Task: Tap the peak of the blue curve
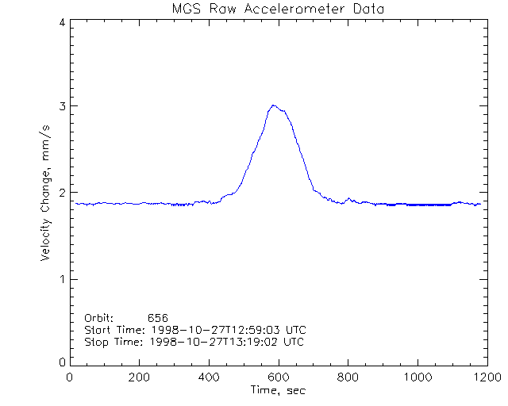coord(273,105)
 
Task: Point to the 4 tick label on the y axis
coord(62,22)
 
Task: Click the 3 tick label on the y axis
coord(62,106)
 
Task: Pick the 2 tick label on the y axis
coord(62,193)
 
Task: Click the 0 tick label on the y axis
coord(62,362)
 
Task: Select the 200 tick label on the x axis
coord(140,377)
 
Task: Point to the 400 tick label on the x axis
coord(209,377)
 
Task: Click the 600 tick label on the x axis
coord(278,377)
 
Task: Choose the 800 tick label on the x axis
coord(347,377)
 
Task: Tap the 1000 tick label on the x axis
coord(416,377)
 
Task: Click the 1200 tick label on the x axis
coord(485,377)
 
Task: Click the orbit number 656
coord(158,318)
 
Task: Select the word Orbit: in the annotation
coord(99,318)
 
